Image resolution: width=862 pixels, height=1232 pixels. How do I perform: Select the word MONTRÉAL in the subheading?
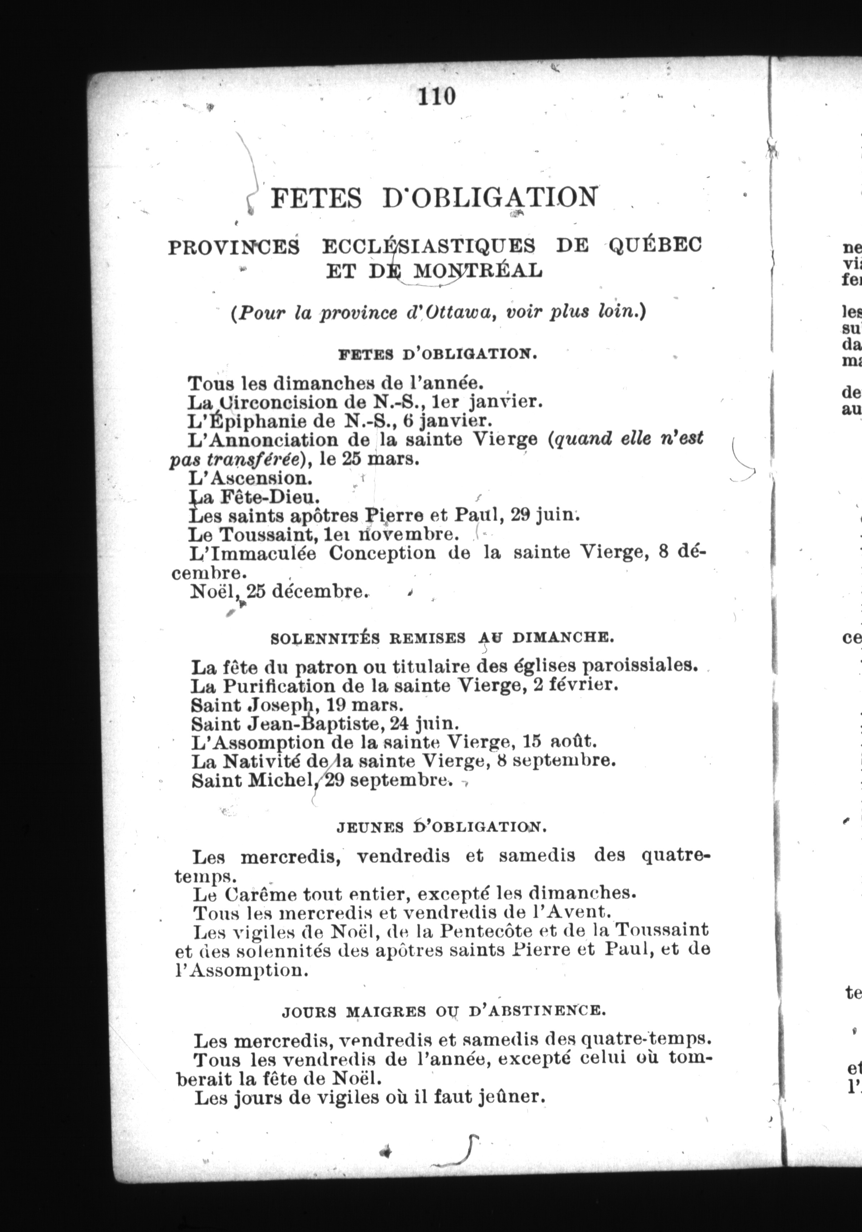478,270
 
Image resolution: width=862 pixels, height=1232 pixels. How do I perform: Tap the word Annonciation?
279,439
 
